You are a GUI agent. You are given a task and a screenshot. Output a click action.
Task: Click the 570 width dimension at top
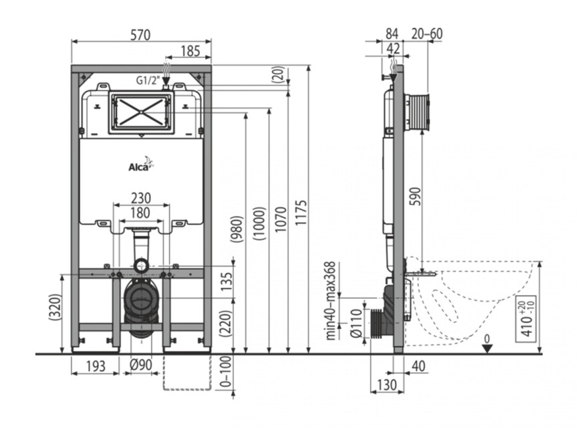point(141,35)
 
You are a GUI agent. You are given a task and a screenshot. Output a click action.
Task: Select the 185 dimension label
point(190,51)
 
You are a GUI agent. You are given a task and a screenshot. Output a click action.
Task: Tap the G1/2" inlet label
point(148,80)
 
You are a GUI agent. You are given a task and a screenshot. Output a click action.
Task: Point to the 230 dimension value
point(141,198)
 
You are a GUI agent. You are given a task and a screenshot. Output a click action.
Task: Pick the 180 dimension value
point(140,213)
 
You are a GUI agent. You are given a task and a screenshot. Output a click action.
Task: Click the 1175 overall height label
point(301,213)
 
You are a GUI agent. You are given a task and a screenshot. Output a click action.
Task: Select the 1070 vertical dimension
point(281,219)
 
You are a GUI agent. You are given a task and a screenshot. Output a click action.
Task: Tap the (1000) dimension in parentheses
point(259,223)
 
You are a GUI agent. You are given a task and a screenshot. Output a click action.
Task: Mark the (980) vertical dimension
point(237,229)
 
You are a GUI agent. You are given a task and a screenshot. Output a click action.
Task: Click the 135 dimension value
point(227,281)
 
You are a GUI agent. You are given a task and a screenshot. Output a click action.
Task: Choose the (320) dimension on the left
point(55,307)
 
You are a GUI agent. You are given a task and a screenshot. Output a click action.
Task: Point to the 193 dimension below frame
point(96,366)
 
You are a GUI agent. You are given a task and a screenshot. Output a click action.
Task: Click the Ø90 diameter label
point(141,365)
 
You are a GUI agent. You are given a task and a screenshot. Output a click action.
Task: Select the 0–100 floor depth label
point(227,372)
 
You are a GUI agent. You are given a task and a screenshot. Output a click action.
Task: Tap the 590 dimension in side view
point(415,197)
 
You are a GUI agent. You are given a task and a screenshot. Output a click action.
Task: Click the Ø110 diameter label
point(356,323)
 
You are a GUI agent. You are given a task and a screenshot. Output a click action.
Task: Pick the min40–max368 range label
point(331,300)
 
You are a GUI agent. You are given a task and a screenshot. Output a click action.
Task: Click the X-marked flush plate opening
point(141,112)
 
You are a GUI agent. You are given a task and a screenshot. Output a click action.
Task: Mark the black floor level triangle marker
point(487,348)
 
